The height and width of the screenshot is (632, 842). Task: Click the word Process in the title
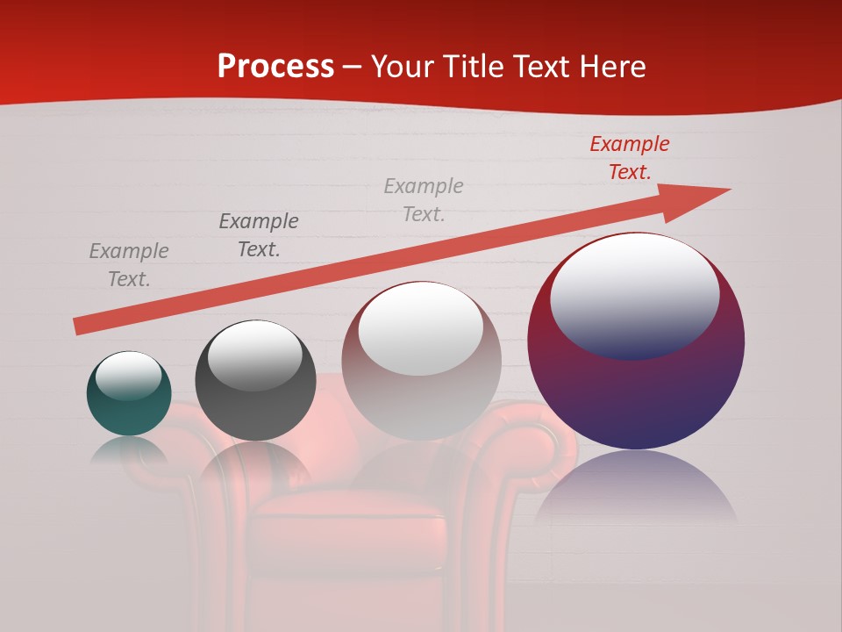275,67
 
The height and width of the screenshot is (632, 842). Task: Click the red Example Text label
629,158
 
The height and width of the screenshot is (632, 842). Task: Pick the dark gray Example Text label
259,235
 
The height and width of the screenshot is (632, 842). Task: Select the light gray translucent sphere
421,386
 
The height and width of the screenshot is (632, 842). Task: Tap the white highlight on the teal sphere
128,376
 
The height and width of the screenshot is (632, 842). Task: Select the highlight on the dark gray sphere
255,355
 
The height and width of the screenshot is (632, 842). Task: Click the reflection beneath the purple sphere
636,487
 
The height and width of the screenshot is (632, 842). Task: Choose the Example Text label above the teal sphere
129,265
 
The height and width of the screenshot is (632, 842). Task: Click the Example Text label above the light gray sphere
424,200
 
